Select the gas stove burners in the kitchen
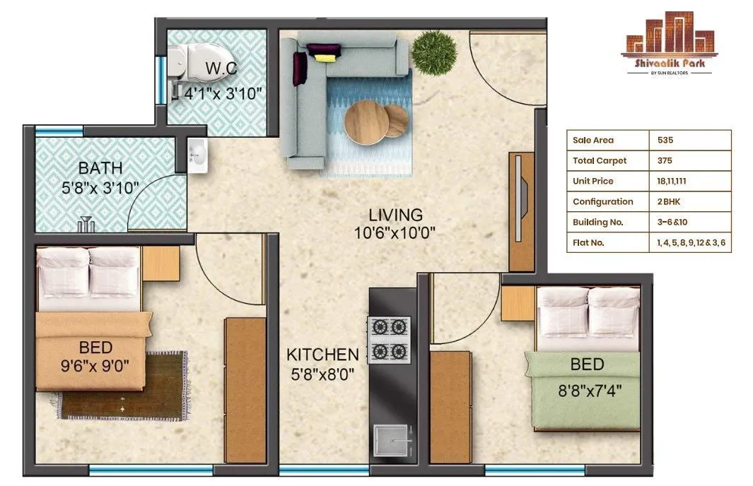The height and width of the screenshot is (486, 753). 389,339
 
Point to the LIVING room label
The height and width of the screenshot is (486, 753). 395,215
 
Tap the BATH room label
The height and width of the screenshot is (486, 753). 100,168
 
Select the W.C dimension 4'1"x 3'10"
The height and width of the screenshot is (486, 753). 223,93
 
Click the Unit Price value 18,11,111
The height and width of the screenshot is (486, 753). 672,181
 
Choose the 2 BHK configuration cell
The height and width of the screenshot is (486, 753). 669,201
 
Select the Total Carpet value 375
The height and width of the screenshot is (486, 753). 665,160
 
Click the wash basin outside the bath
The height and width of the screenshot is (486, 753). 197,155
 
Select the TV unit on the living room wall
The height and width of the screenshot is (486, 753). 522,211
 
